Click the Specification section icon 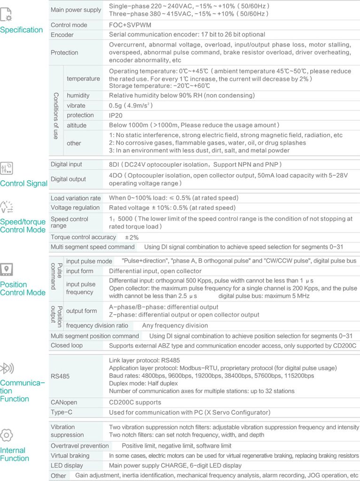coord(7,15)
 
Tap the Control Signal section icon coord(7,168)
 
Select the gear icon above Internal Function coord(7,435)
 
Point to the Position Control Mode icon coord(7,269)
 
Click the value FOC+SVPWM coord(125,25)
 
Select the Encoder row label coord(62,34)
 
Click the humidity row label coord(78,95)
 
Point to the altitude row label coord(76,125)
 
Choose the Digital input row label coord(66,164)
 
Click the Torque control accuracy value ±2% coord(132,237)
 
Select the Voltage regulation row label coord(75,208)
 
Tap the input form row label coord(79,271)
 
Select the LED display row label coord(67,465)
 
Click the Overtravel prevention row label coord(80,445)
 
